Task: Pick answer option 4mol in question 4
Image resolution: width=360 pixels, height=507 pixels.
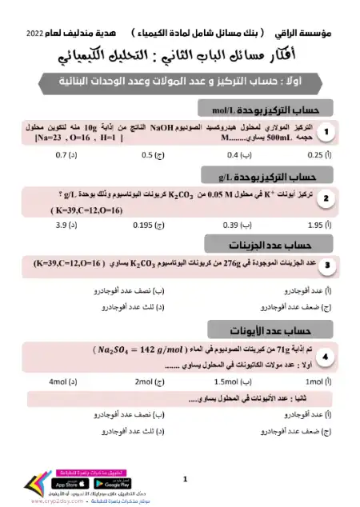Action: (65, 381)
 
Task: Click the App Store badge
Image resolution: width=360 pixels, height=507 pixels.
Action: (70, 484)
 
